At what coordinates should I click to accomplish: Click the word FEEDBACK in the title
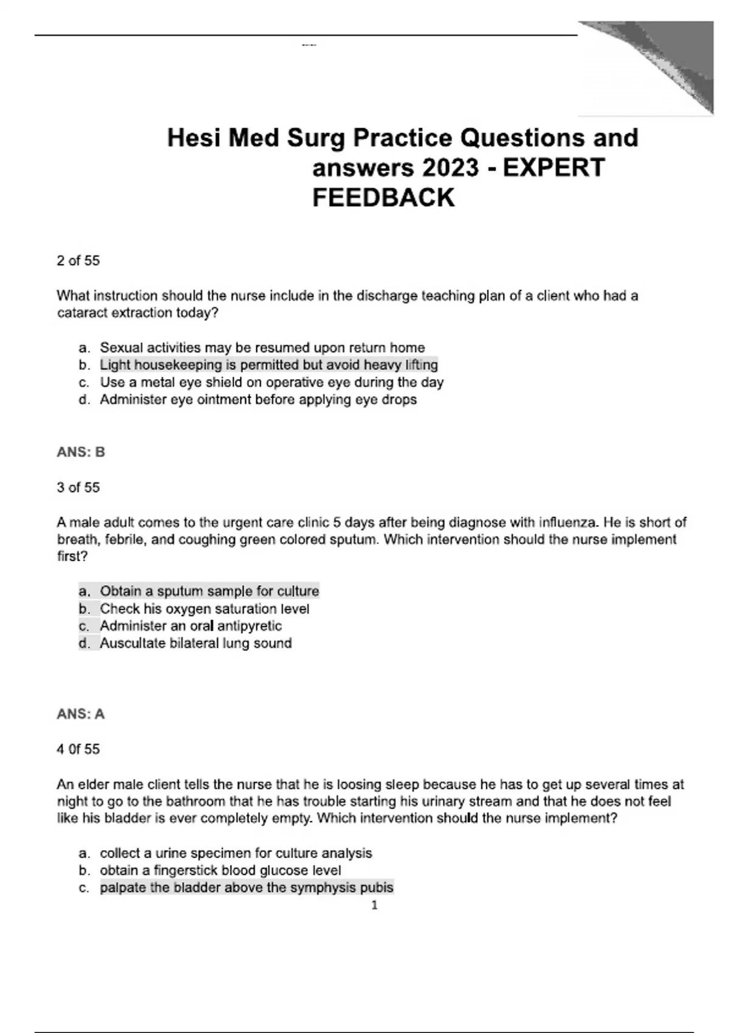coord(383,198)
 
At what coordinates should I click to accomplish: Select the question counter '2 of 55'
coord(78,261)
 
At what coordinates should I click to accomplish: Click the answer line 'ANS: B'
coord(81,452)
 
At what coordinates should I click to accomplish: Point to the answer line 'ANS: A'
coord(81,714)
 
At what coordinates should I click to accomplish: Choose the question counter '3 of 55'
coord(78,487)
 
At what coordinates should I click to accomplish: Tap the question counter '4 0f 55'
coord(78,749)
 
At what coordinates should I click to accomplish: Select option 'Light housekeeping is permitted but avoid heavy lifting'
coord(269,365)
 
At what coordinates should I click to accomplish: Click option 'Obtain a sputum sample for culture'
coord(209,591)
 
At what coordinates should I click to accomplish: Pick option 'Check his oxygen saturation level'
coord(204,609)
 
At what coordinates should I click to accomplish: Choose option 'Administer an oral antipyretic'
coord(191,626)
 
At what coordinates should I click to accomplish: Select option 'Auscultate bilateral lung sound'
coord(196,643)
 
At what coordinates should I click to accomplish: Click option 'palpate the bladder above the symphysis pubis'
coord(247,888)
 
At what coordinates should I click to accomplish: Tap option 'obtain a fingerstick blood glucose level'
coord(220,871)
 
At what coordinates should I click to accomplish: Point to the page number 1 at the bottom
coord(374,905)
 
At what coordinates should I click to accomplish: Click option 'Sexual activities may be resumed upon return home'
coord(262,348)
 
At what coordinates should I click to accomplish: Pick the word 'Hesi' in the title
coord(193,139)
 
